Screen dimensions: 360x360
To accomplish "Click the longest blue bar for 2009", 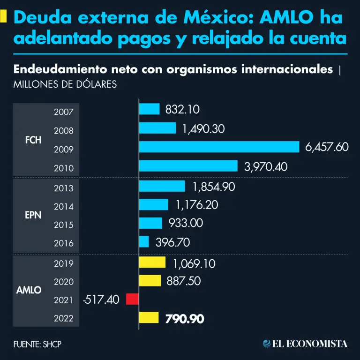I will (219, 147).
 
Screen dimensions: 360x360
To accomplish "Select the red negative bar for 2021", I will (132, 299).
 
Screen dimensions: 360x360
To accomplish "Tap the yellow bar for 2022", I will (149, 318).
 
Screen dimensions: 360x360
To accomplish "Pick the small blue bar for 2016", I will (144, 242).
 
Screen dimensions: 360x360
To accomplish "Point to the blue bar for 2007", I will (150, 109).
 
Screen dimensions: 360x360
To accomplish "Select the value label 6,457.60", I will (327, 147).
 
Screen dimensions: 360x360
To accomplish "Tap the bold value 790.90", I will (185, 319).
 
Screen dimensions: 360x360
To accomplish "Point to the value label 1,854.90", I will (213, 187).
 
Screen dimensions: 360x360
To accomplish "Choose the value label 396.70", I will (171, 242).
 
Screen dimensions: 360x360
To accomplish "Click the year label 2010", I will (63, 168).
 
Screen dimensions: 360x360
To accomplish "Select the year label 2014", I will (63, 206).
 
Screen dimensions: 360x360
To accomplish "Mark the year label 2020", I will (63, 282).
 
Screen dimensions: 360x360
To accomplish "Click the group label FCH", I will (33, 140).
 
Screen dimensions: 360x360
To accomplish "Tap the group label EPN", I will (33, 215).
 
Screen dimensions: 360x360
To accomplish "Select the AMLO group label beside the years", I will (29, 290).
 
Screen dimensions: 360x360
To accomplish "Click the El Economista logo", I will (305, 344).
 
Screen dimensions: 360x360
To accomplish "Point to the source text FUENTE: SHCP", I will (37, 344).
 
